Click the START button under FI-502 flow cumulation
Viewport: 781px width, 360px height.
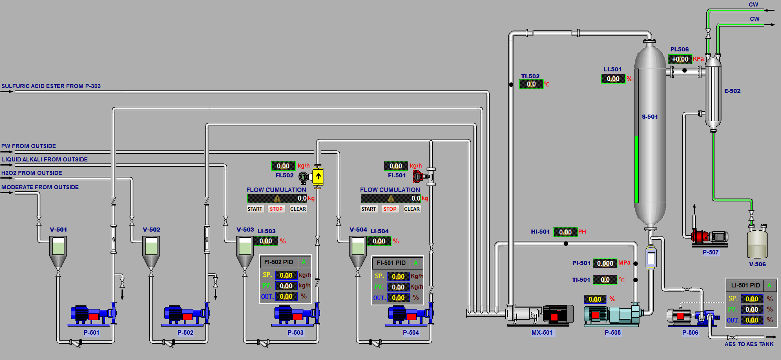pos(255,209)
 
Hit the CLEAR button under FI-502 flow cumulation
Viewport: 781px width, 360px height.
pos(298,209)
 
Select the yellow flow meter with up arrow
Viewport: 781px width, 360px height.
pos(318,177)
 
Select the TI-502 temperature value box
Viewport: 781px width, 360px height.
pos(531,84)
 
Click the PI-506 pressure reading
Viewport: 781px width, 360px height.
pos(680,59)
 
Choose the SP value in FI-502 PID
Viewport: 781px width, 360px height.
pos(286,275)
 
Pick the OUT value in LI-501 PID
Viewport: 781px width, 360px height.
pos(752,320)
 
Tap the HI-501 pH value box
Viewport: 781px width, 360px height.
pos(565,232)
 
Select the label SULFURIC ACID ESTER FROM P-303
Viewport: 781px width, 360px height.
pos(51,86)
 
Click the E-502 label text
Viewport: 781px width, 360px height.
pos(732,91)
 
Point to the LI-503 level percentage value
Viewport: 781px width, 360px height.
pos(265,241)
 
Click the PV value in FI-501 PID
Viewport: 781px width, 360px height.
pos(398,287)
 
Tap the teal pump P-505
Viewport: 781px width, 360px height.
pos(611,315)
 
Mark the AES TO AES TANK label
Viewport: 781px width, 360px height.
pos(749,344)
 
